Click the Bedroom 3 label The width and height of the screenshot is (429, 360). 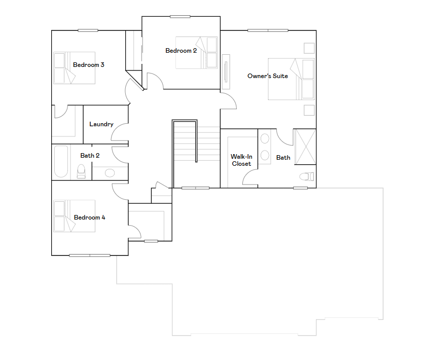point(89,65)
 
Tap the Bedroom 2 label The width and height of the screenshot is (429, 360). point(181,51)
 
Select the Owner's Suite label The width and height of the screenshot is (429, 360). point(268,76)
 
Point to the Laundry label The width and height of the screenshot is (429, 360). point(101,124)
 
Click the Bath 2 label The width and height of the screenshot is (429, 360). point(90,156)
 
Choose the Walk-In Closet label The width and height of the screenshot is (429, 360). point(241,160)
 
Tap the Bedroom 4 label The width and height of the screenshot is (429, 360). point(90,218)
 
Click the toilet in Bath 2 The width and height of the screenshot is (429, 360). point(81,171)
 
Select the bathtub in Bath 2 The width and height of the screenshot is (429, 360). point(61,162)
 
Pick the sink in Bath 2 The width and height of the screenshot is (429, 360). point(110,173)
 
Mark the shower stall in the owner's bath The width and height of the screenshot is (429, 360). point(305,147)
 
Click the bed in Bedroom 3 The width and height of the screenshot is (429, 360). point(74,68)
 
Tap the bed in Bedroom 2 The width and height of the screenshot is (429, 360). point(196,52)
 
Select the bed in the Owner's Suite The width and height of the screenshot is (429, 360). point(291,79)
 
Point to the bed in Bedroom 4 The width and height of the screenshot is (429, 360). point(74,216)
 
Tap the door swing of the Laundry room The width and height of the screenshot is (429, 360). point(120,133)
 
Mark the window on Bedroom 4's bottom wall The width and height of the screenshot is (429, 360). point(90,255)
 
